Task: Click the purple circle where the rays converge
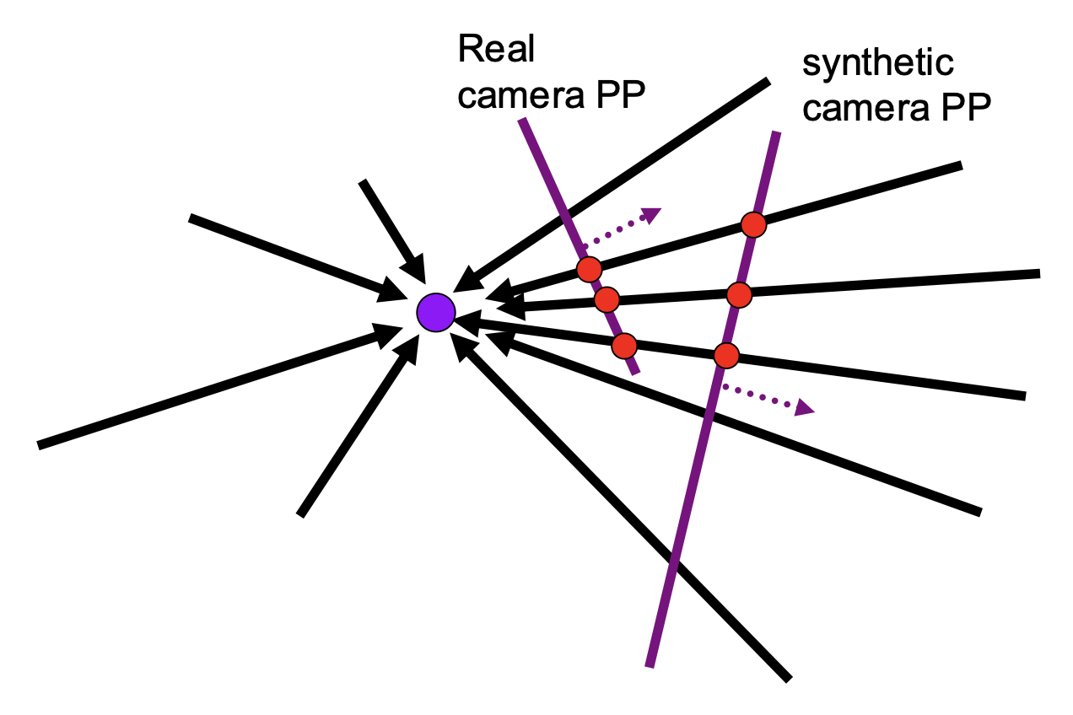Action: pyautogui.click(x=436, y=313)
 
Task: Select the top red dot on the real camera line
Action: pyautogui.click(x=589, y=269)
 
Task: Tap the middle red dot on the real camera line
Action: pyautogui.click(x=607, y=299)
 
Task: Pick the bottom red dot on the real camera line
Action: pyautogui.click(x=623, y=345)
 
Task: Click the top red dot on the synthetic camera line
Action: pyautogui.click(x=752, y=224)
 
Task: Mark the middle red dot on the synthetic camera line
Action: pyautogui.click(x=739, y=294)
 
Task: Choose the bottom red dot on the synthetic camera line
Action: pyautogui.click(x=726, y=355)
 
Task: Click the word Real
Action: pyautogui.click(x=496, y=51)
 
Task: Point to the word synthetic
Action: pyautogui.click(x=877, y=63)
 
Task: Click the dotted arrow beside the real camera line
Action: pyautogui.click(x=621, y=226)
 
